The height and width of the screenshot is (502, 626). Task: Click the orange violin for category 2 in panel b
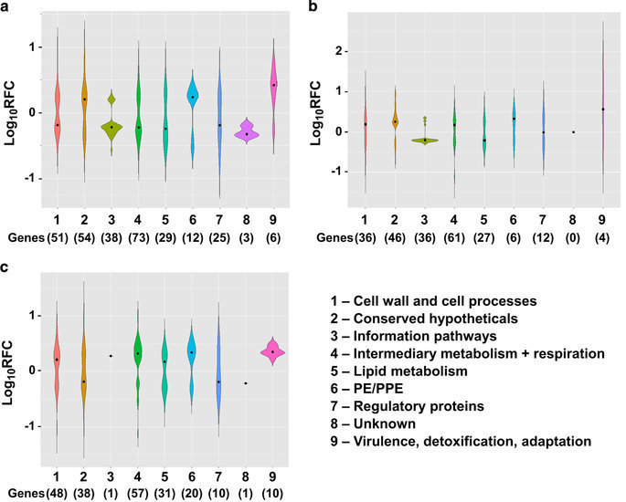396,121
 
